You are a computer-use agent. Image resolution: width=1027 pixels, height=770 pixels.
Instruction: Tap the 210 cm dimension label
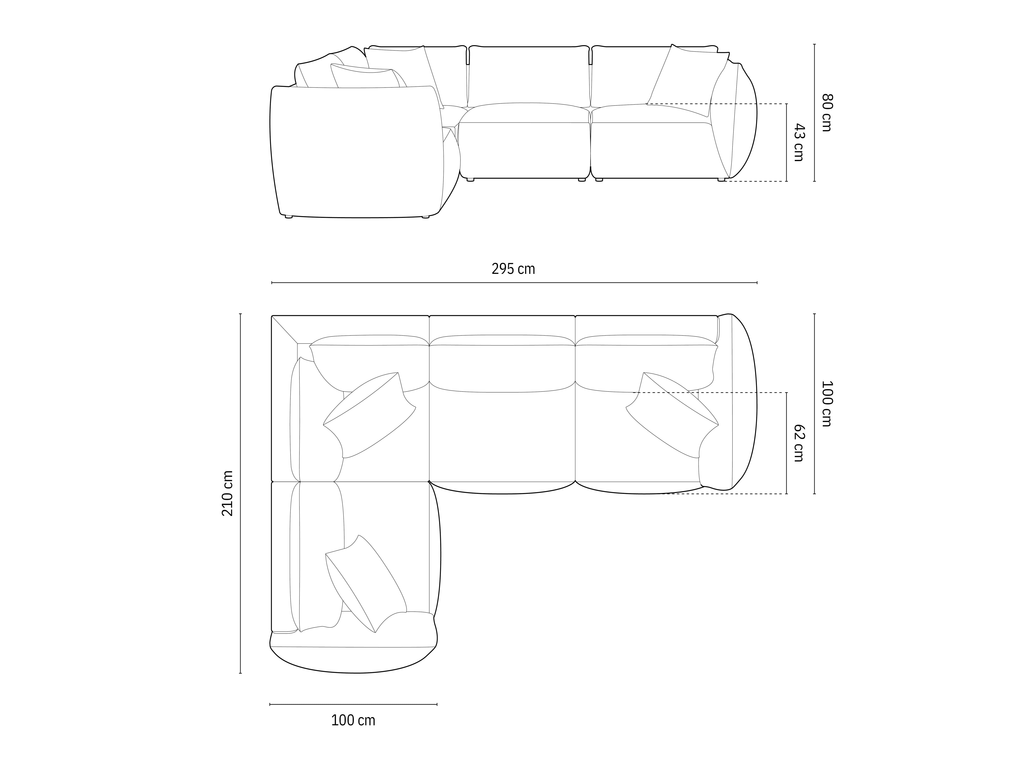227,493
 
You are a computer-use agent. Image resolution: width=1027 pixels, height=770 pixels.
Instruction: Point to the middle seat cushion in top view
502,436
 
